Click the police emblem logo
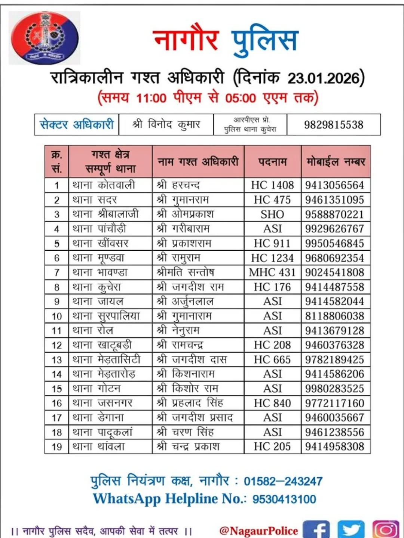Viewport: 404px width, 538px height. point(44,37)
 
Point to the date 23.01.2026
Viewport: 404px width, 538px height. point(324,78)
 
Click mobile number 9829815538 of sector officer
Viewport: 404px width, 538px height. point(333,125)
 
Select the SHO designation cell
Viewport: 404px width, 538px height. point(272,214)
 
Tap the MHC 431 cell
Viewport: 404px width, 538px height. point(272,272)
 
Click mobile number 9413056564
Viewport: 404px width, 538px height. point(334,185)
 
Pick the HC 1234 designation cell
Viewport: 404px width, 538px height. point(272,258)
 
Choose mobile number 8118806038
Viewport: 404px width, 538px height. point(334,316)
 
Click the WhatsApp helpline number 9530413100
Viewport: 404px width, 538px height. point(284,499)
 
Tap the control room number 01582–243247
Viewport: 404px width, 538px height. point(283,481)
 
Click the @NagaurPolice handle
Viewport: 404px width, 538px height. point(258,531)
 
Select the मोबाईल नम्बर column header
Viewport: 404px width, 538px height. point(336,162)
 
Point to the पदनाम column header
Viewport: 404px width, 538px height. point(272,162)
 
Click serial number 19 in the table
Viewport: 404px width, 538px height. point(56,447)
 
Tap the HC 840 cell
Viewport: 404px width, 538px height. point(272,403)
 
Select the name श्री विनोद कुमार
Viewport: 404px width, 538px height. point(166,124)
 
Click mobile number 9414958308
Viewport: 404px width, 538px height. point(334,446)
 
